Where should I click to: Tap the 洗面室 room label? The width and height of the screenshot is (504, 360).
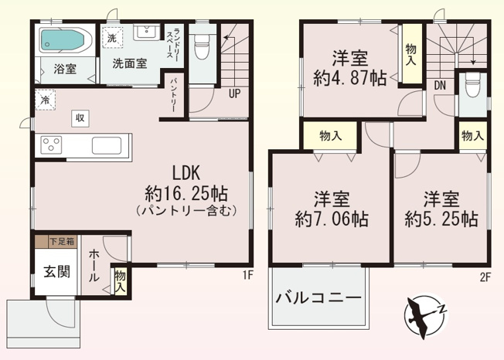129,63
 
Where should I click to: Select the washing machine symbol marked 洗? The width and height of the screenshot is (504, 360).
112,39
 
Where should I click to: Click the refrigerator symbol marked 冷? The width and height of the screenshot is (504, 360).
46,100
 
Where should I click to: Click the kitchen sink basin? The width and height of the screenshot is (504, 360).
107,144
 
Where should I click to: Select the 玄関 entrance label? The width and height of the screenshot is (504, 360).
54,271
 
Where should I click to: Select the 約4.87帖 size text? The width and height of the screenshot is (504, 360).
350,78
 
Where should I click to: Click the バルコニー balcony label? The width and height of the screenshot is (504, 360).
318,297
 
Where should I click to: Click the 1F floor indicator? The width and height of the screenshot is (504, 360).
247,274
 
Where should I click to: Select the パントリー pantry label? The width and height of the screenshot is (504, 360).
175,94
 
